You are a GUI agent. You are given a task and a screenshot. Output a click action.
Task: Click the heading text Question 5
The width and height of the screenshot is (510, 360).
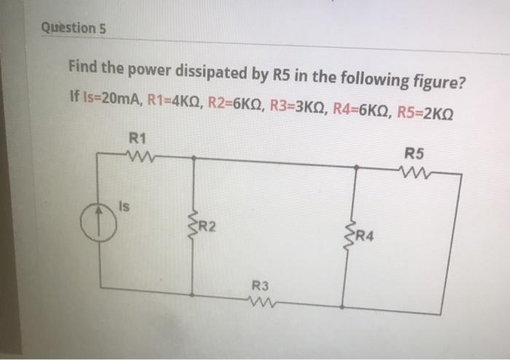point(74,28)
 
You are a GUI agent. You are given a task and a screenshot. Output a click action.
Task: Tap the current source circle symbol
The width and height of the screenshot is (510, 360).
point(99,220)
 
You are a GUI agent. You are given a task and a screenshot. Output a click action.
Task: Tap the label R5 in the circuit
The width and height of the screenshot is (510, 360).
point(413,154)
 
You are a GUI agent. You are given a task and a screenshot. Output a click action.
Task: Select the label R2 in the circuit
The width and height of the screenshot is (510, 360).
point(208,227)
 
